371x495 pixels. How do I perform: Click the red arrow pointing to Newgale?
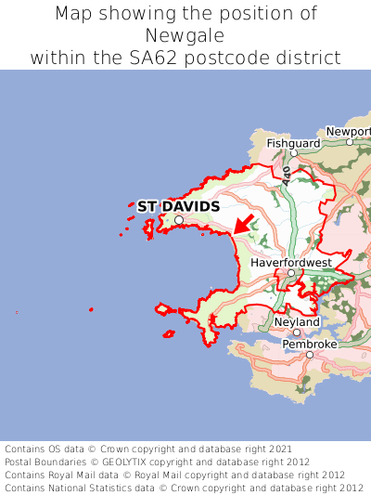click(244, 223)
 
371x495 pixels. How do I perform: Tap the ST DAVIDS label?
click(178, 206)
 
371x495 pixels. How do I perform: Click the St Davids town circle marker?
click(179, 220)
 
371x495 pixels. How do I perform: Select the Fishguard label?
click(293, 144)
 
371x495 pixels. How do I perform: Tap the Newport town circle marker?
click(350, 142)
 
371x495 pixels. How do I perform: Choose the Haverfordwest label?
click(291, 263)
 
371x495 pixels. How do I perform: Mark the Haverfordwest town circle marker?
click(290, 273)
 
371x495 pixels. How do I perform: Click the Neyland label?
click(297, 322)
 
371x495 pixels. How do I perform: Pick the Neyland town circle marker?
click(297, 332)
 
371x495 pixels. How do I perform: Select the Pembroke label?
click(310, 344)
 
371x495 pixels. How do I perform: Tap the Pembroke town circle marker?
click(310, 354)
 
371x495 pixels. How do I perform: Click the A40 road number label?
click(288, 174)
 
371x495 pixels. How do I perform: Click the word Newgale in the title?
click(185, 36)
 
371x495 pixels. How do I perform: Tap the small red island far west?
click(91, 309)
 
